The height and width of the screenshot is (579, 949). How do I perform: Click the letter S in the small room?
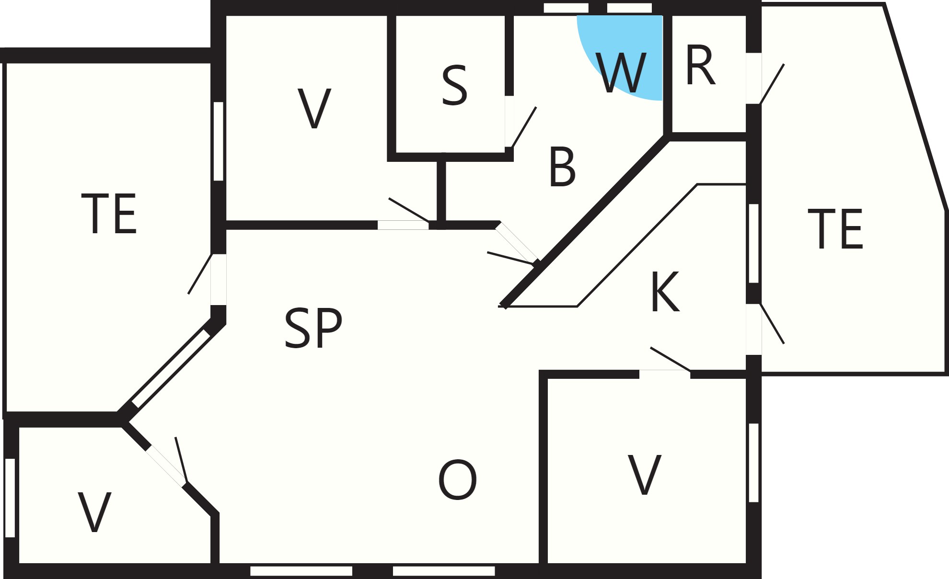pos(454,86)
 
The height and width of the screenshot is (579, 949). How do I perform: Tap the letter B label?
pos(562,168)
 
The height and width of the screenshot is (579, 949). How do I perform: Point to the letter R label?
pos(700,66)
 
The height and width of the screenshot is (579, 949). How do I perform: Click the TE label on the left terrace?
pos(109,214)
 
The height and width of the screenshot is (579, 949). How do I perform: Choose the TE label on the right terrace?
pos(835,228)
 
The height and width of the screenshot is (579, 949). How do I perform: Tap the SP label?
pos(313,328)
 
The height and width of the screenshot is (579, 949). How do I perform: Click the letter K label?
pos(665,292)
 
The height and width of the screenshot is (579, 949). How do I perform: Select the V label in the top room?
pos(314,108)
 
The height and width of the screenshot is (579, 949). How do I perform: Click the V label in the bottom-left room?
pos(94,512)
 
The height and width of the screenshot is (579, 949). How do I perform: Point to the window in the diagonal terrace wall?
pos(171,368)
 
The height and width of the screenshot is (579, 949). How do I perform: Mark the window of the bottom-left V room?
pos(10,498)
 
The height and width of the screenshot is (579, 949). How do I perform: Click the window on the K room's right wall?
pos(753,243)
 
